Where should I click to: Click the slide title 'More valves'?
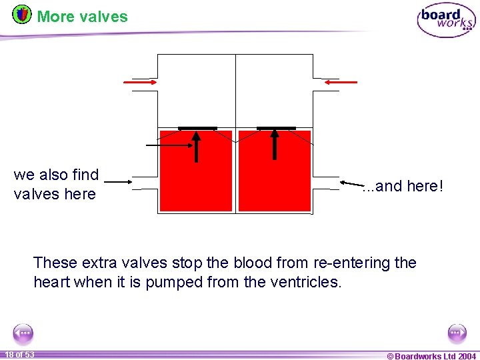coord(82,16)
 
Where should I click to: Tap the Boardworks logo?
coord(446,20)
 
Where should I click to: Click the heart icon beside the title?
coord(22,13)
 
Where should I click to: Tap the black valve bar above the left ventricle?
coord(197,128)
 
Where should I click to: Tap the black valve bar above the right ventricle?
coord(276,128)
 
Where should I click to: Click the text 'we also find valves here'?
coord(56,185)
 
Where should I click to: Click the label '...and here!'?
coord(402,187)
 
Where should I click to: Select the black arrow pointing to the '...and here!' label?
coord(352,183)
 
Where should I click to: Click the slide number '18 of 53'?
coord(19,354)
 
